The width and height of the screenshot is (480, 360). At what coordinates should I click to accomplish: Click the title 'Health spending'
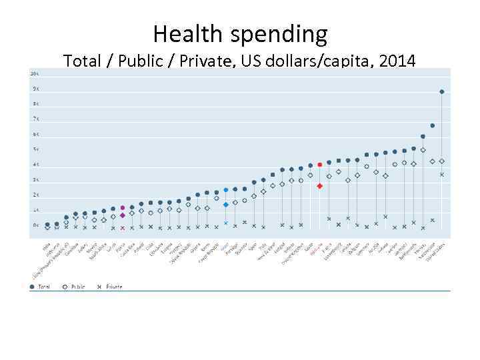click(x=240, y=33)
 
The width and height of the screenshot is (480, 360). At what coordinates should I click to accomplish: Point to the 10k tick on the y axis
click(x=34, y=73)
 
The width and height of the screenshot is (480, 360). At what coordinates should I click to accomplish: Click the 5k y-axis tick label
click(x=35, y=149)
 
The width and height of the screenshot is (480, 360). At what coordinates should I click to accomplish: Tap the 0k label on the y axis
click(x=35, y=225)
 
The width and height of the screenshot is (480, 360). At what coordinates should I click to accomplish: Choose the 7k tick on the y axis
click(x=35, y=119)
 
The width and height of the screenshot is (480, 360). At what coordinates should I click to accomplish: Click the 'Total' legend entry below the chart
click(x=41, y=287)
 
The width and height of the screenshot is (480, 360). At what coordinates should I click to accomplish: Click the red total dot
click(x=320, y=165)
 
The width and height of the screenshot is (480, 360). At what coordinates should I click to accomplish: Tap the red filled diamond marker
click(x=320, y=186)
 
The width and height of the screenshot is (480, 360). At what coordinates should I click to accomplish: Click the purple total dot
click(x=123, y=208)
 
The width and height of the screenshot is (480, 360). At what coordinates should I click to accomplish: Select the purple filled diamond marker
click(x=123, y=215)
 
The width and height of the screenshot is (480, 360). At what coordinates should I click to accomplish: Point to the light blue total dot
click(x=226, y=190)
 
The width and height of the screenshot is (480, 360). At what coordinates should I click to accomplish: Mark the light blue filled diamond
click(x=226, y=205)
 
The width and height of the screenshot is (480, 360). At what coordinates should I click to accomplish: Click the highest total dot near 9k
click(x=442, y=91)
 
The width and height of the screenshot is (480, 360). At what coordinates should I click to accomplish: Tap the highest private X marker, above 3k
click(x=442, y=175)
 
